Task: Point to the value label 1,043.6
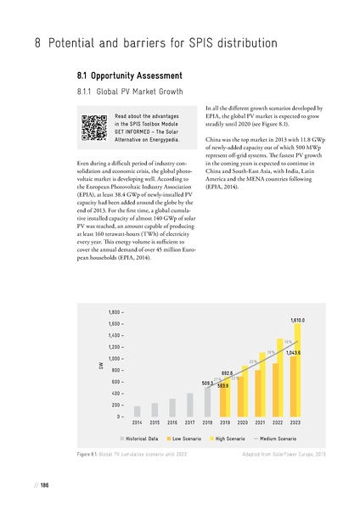pos(294,351)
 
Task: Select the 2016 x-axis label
pos(172,422)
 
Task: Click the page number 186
pos(43,485)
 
